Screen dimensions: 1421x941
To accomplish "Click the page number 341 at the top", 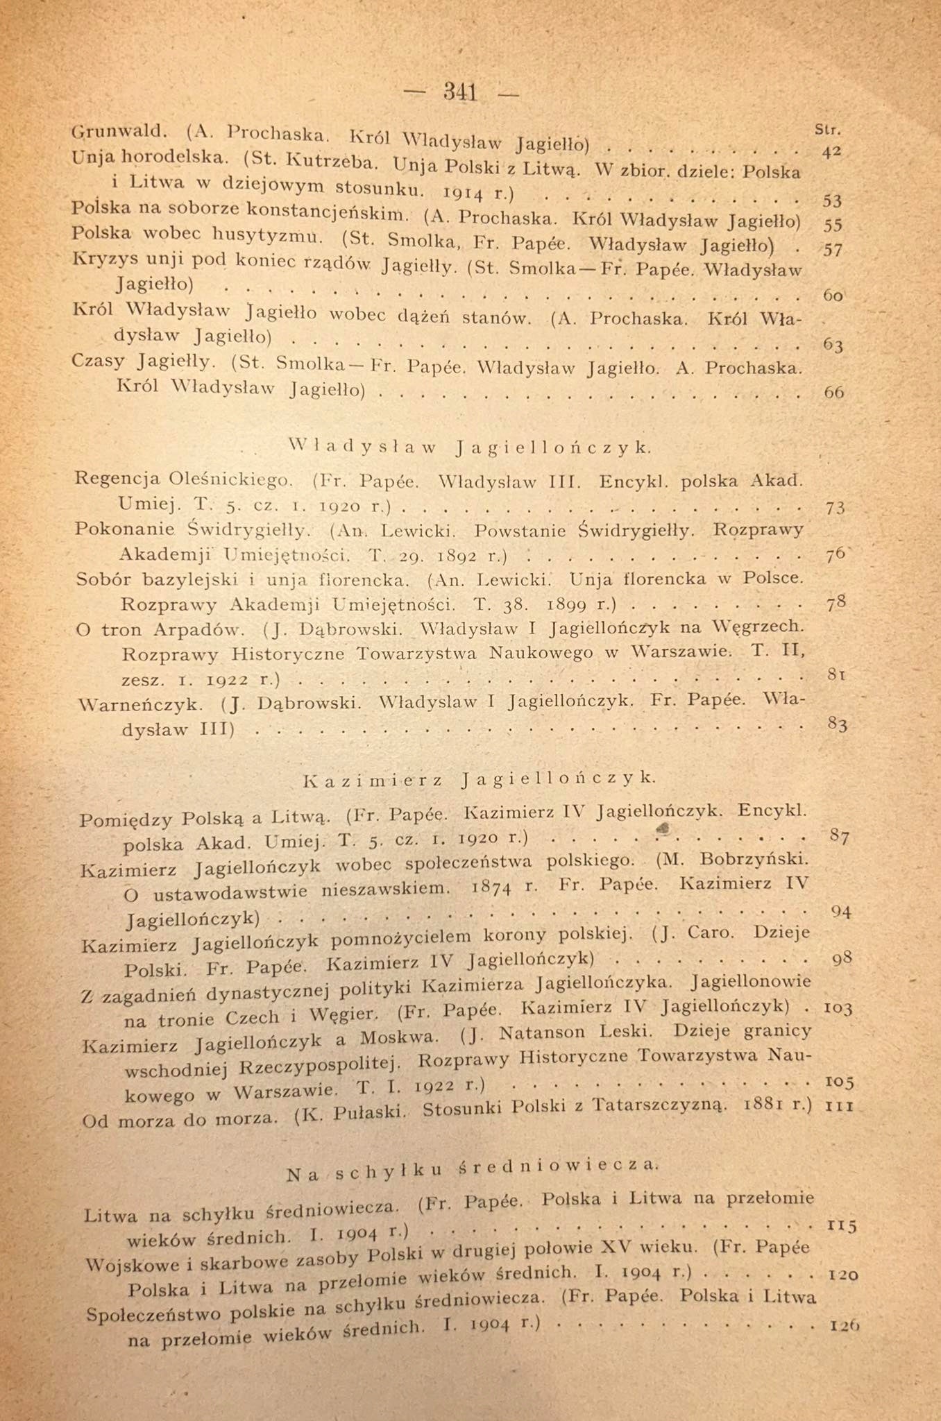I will pos(460,92).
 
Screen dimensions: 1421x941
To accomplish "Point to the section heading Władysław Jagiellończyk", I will pos(470,448).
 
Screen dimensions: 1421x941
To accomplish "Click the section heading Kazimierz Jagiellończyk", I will pos(479,779).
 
